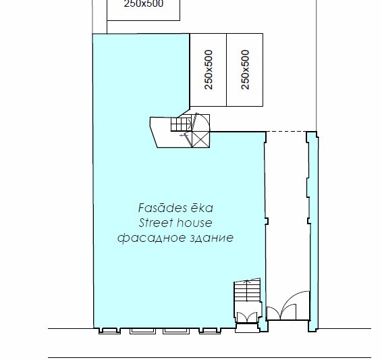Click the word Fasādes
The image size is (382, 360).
point(162,208)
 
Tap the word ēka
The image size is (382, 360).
point(202,208)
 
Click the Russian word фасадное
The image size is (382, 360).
point(152,238)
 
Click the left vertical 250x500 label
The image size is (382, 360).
point(209,70)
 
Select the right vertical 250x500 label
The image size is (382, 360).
point(245,70)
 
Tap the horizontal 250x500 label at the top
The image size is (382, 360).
point(144,3)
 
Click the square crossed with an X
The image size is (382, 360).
point(200,139)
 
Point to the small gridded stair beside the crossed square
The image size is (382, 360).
point(182,124)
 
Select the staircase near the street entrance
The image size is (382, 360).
point(247,290)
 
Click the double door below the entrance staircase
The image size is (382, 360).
point(247,317)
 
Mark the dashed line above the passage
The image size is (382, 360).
point(286,132)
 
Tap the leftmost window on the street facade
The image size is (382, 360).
point(109,331)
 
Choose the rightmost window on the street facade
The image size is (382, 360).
point(210,331)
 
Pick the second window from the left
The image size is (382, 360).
point(143,331)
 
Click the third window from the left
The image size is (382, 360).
point(176,331)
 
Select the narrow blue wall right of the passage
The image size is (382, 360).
point(313,232)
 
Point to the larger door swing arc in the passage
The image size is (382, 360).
point(290,298)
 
